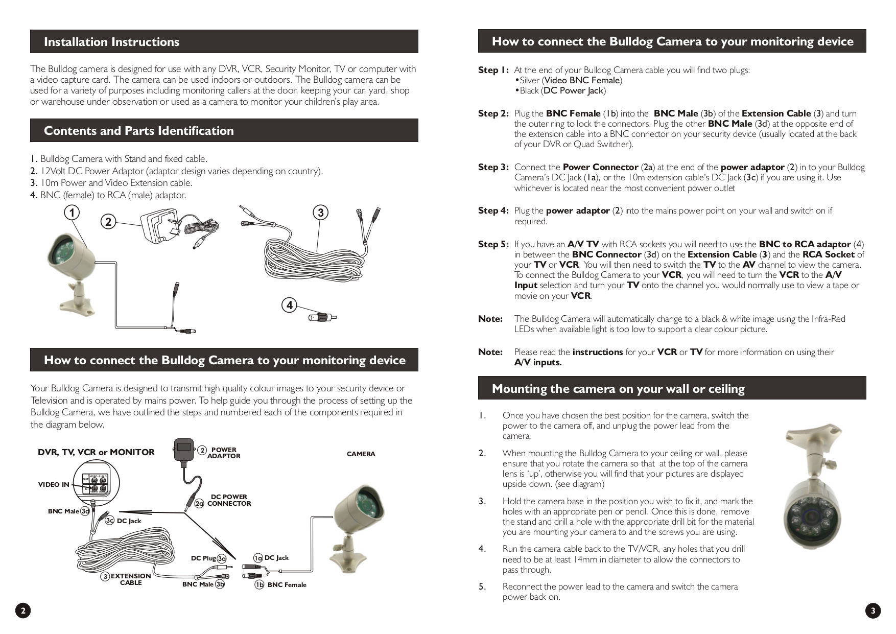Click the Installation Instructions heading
(111, 42)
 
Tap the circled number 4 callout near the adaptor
(289, 306)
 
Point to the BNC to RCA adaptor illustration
(322, 318)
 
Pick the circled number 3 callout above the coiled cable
(320, 213)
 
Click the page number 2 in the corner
(22, 610)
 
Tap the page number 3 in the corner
(873, 610)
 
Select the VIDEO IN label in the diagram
(54, 485)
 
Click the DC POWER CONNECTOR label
(229, 500)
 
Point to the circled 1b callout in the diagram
(259, 585)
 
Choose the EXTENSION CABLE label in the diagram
(131, 579)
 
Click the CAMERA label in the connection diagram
(361, 454)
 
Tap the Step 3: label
(493, 167)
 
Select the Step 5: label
(493, 244)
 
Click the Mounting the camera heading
(618, 389)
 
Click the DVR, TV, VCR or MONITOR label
(96, 452)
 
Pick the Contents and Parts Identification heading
(138, 131)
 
